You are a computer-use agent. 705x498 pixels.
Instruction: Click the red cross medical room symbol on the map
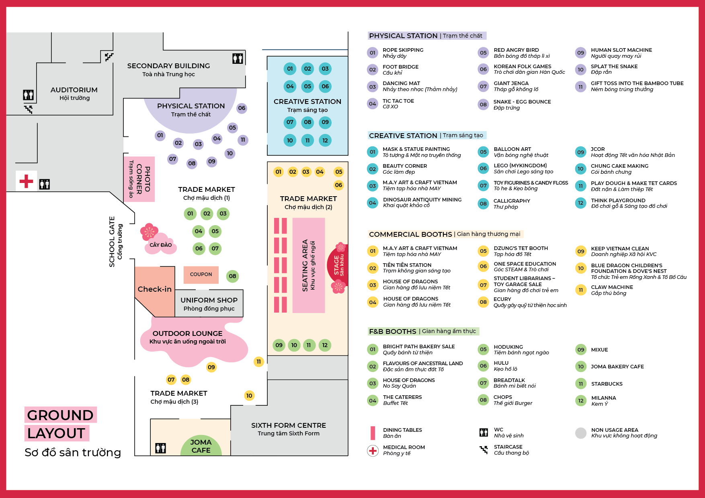tap(26, 181)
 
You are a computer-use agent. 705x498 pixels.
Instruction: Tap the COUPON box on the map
tap(201, 274)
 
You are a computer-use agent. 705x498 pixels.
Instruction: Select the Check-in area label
tap(155, 289)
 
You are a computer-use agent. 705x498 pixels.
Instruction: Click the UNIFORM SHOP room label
tap(209, 300)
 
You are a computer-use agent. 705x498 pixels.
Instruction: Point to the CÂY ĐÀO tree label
tap(160, 245)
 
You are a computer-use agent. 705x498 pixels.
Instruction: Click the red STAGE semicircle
tap(339, 265)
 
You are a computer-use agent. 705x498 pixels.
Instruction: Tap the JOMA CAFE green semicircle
tap(201, 446)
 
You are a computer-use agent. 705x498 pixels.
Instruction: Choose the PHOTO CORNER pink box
tap(139, 179)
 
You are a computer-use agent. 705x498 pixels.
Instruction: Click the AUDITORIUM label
tap(74, 90)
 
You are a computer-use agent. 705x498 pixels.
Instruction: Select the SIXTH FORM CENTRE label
tap(289, 425)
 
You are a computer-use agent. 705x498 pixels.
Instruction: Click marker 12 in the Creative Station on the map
tap(325, 140)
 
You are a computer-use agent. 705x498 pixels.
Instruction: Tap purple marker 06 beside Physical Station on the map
tap(242, 108)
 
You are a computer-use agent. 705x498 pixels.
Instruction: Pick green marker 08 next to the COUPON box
tap(232, 276)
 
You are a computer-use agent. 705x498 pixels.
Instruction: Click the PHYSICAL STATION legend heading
tap(403, 36)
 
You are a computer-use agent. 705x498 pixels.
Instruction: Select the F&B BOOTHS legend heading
tap(393, 331)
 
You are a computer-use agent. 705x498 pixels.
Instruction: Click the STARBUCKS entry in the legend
tap(607, 384)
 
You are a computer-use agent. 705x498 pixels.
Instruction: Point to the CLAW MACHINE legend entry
tap(612, 287)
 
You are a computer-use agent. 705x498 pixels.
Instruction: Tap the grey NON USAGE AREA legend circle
tap(581, 433)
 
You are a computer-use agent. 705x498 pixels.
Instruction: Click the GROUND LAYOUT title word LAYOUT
tap(56, 433)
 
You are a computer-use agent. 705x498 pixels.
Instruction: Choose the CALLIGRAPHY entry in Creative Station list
tap(512, 201)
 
